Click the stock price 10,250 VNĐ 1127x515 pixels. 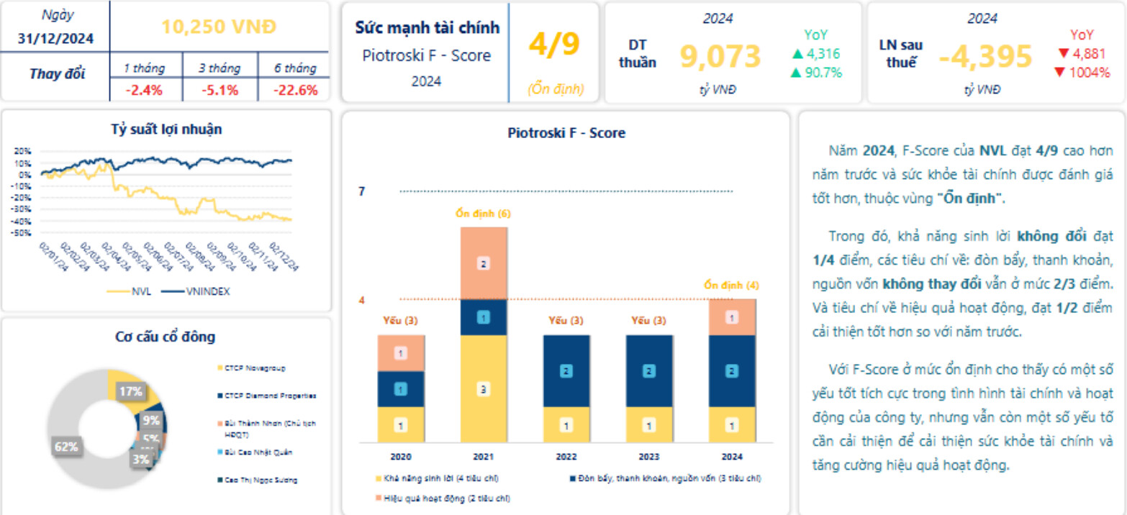point(219,27)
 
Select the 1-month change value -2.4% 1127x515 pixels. point(144,90)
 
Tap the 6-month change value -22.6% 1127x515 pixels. point(296,90)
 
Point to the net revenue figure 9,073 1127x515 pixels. point(720,56)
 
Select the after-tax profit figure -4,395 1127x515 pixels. point(985,56)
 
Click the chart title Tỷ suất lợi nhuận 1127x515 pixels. point(166,129)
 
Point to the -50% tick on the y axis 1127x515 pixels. point(22,233)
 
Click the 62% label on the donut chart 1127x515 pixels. point(66,447)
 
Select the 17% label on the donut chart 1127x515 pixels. point(130,392)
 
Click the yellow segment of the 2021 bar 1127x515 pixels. point(484,388)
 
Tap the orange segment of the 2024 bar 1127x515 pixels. point(732,317)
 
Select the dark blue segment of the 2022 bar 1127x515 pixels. point(566,371)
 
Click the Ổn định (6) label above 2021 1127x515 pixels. point(484,214)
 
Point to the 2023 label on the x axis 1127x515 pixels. point(649,456)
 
